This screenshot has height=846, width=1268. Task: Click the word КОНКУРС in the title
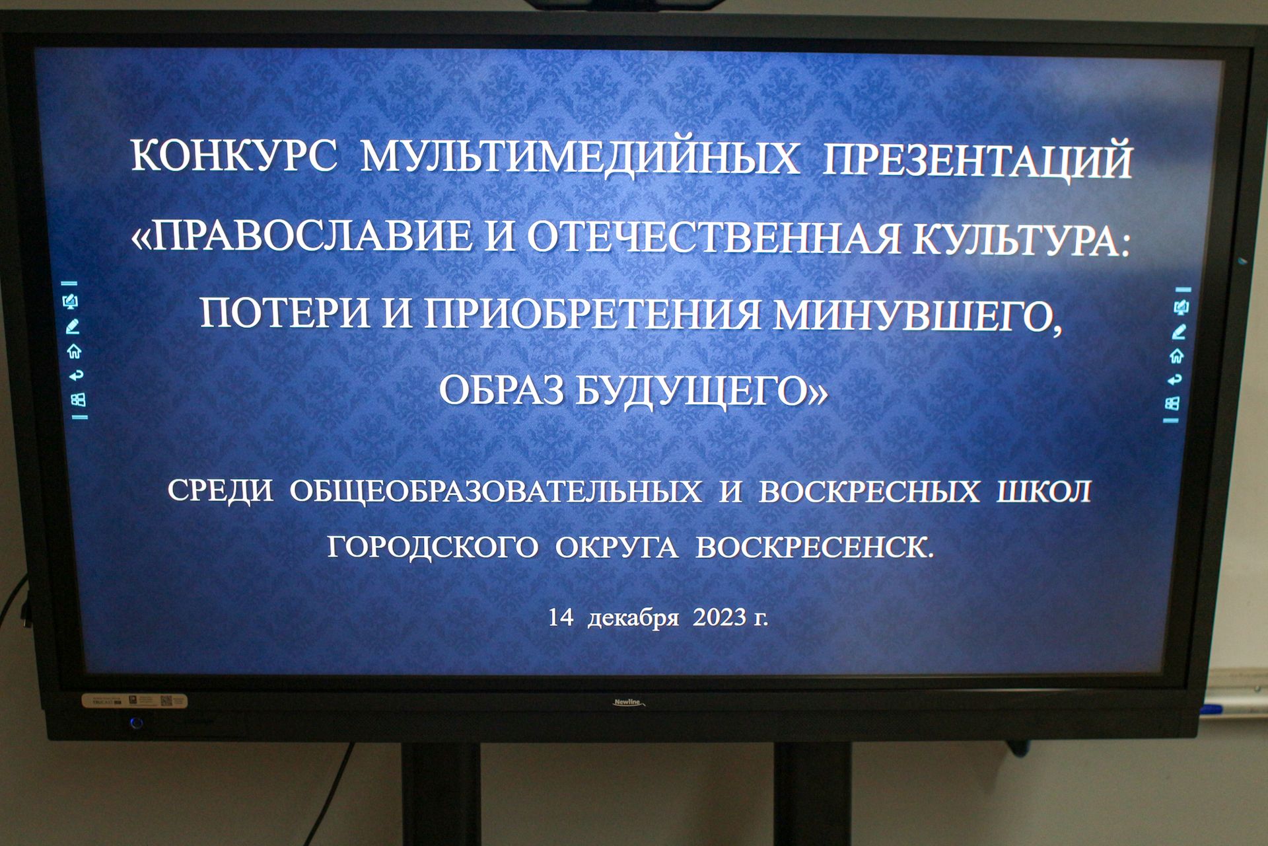point(234,157)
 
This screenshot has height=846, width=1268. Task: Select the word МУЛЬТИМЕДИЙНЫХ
point(580,159)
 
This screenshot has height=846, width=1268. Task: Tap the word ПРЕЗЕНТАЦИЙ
point(977,161)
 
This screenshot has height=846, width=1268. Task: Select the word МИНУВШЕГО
point(918,316)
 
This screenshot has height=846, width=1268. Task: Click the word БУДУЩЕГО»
point(702,391)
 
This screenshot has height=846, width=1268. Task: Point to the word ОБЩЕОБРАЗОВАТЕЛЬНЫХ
point(496,491)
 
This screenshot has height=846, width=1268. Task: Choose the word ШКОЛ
point(1043,492)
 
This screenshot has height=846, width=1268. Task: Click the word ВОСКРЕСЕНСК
point(815,548)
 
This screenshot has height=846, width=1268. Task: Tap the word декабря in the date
point(633,619)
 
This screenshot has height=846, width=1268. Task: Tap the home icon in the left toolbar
point(74,351)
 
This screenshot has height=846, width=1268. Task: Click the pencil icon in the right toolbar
point(1180,332)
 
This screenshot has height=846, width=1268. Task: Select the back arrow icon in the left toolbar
point(77,375)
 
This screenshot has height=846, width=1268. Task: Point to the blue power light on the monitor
point(137,723)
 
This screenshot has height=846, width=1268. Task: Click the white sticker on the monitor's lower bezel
point(134,701)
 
